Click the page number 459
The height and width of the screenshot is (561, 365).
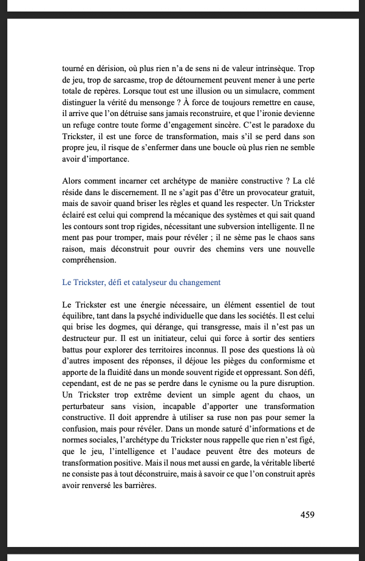coord(307,514)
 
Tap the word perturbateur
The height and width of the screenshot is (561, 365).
coord(87,408)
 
